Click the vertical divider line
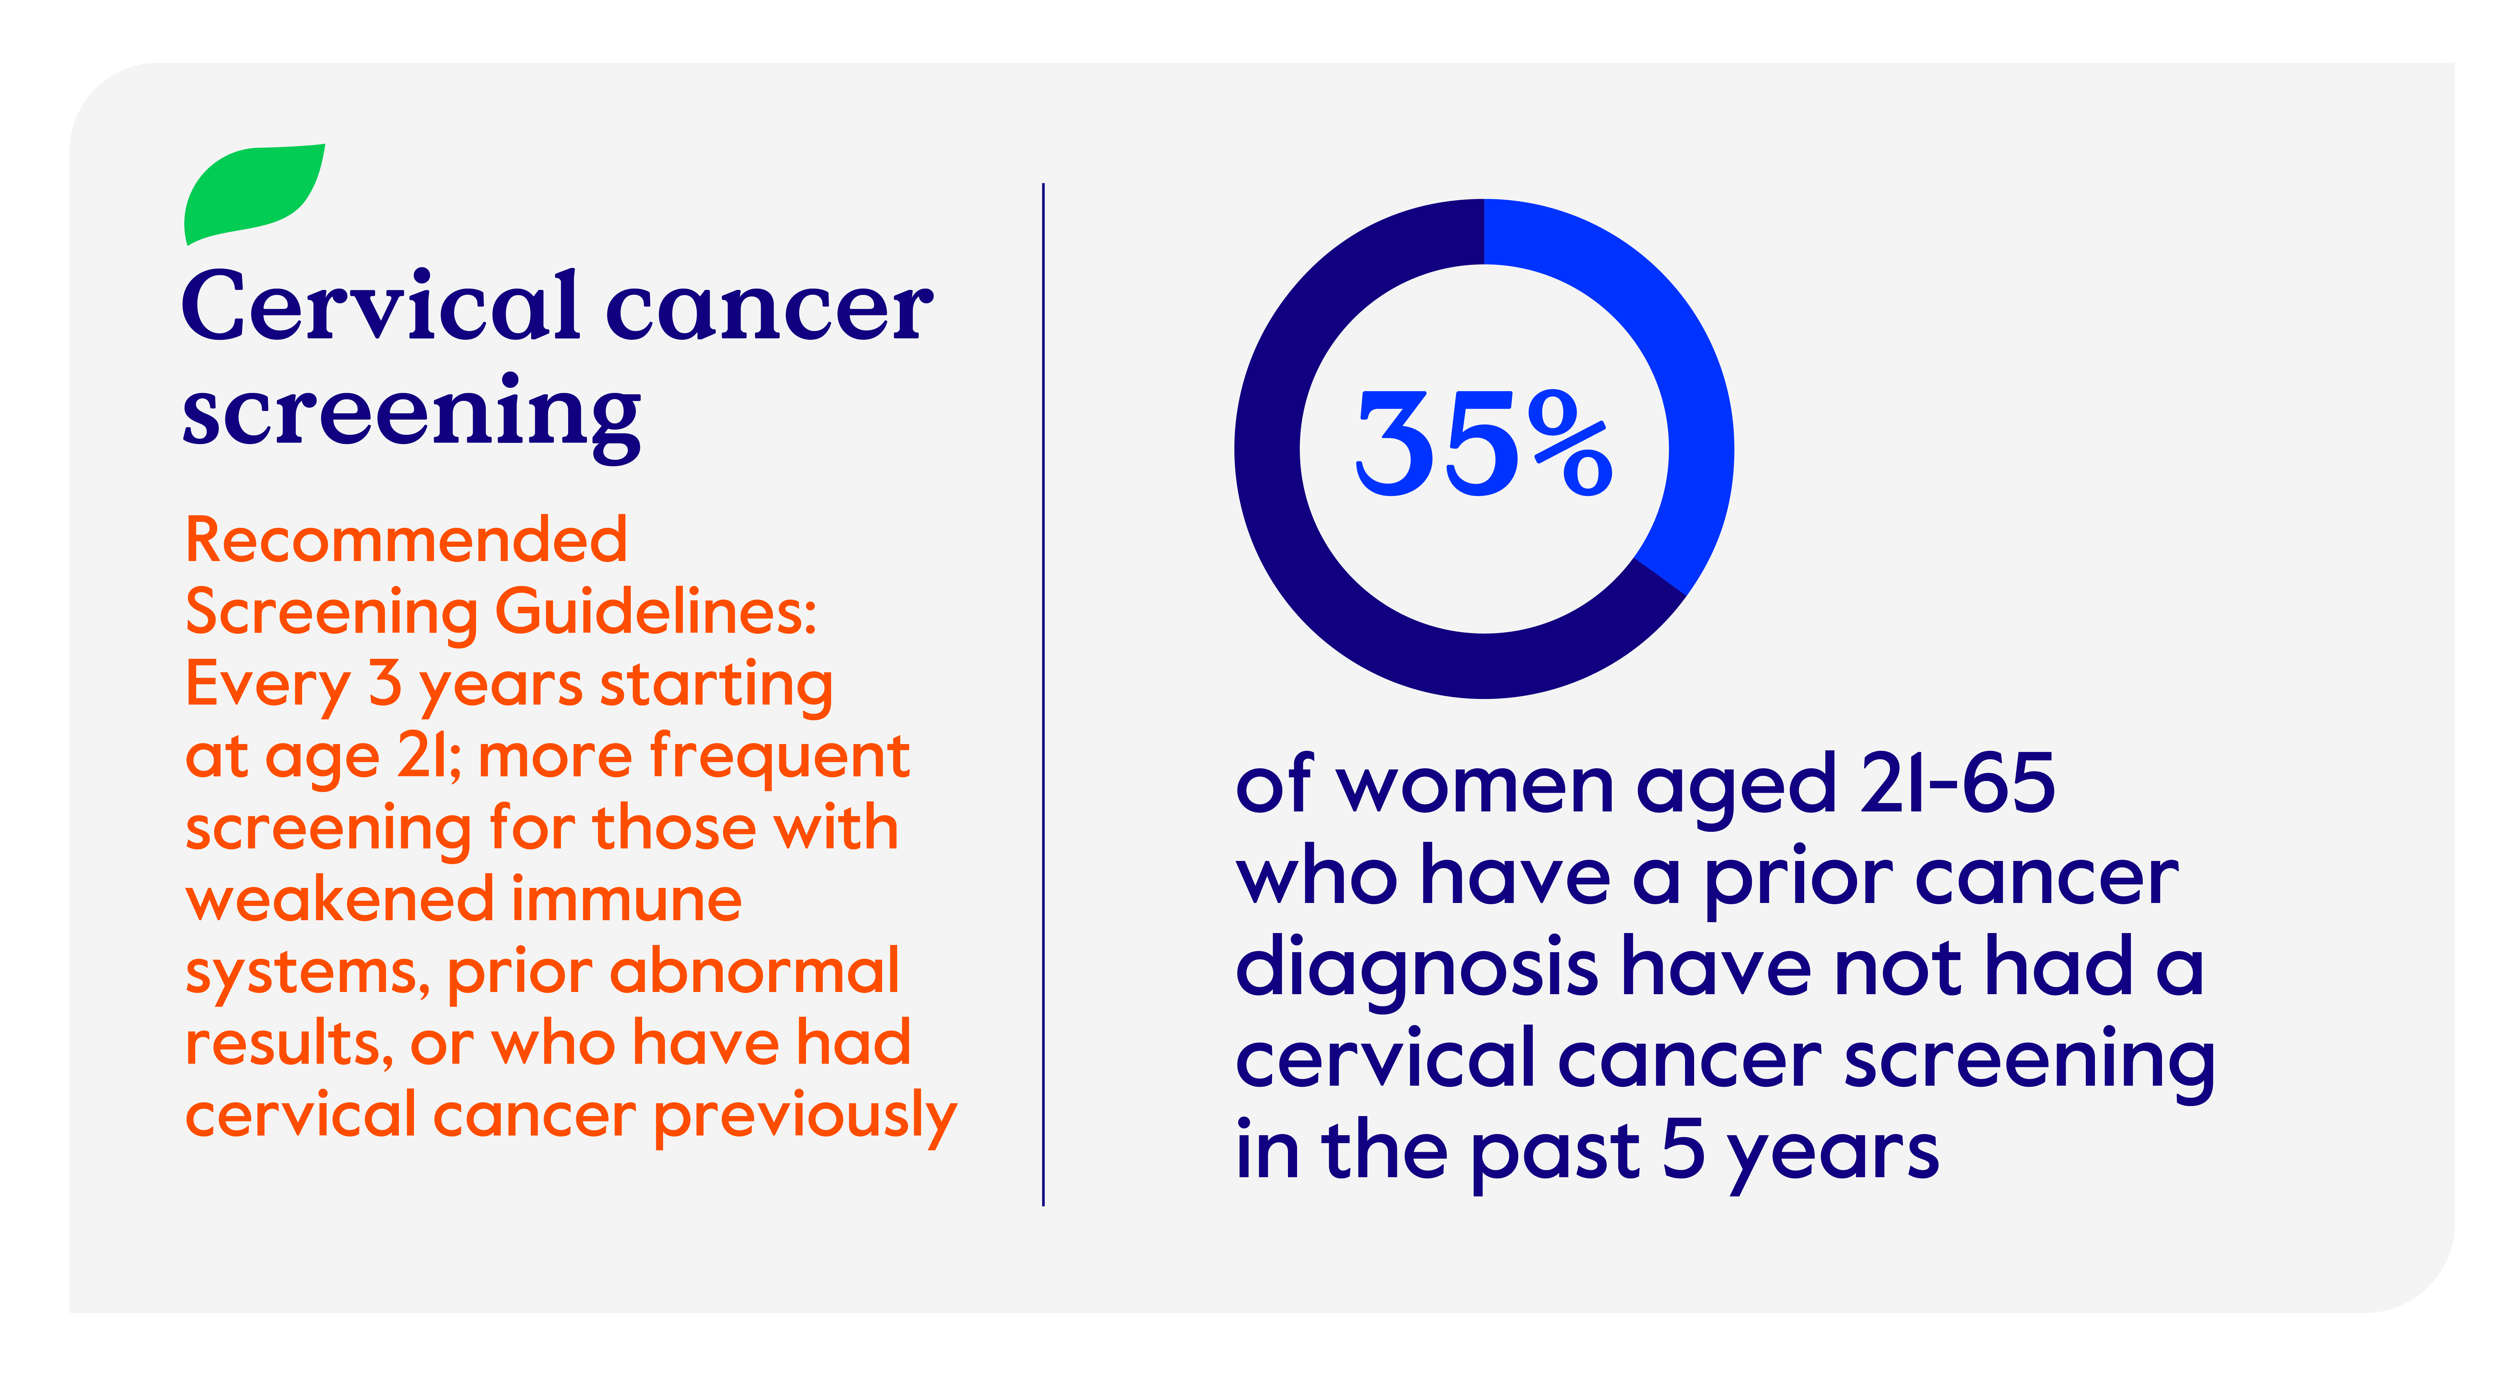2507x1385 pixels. (x=1043, y=694)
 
